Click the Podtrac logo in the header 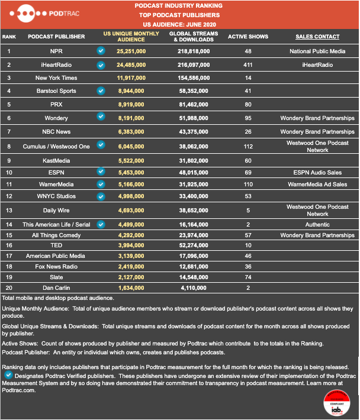click(44, 14)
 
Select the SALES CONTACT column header click(317, 37)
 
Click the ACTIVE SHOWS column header click(248, 37)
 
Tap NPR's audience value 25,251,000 click(131, 51)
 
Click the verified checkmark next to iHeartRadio click(101, 65)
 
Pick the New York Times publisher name click(56, 78)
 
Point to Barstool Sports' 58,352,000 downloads click(194, 91)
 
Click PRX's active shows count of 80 click(248, 105)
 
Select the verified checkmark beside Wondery click(101, 117)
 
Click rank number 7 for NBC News click(9, 132)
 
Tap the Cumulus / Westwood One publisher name click(56, 147)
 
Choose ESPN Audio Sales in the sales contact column click(317, 173)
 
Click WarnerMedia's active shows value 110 click(248, 185)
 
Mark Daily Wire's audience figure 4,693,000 click(131, 211)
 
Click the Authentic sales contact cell click(317, 224)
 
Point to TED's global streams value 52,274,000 click(194, 245)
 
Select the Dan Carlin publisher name click(56, 288)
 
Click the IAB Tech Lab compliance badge click(337, 403)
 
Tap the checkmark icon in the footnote click(8, 374)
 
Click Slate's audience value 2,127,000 click(131, 277)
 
